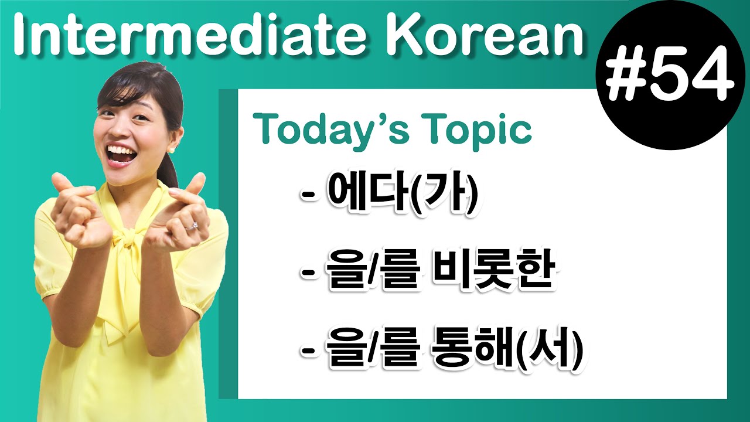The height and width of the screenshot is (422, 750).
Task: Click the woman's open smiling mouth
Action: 122,155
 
